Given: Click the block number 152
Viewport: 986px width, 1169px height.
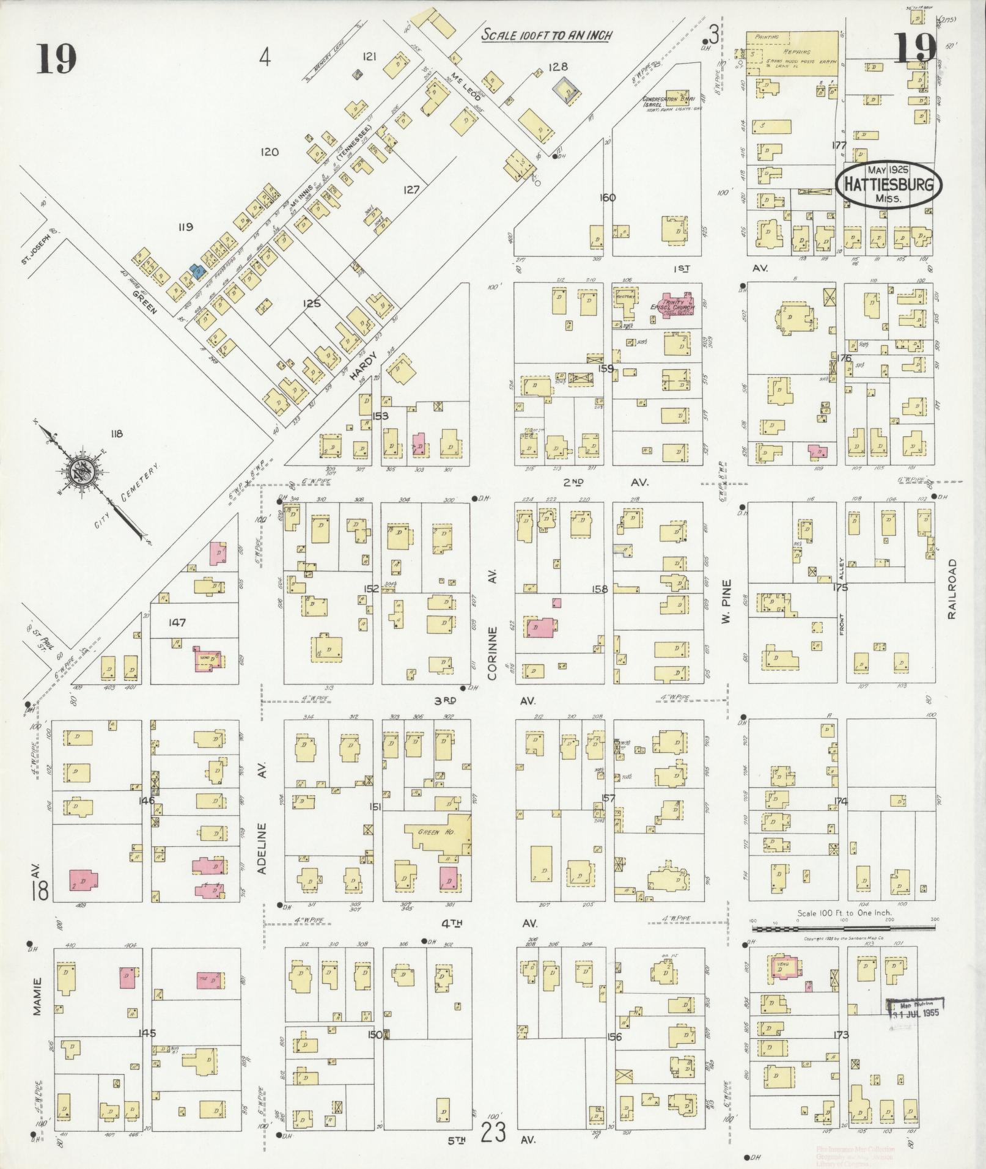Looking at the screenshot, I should point(371,589).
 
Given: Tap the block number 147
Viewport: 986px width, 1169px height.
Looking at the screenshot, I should point(177,623).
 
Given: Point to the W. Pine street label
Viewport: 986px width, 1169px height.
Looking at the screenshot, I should point(726,601).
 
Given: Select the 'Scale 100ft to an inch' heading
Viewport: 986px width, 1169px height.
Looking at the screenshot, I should point(546,35).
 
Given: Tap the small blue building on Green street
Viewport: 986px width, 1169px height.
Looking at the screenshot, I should point(197,271).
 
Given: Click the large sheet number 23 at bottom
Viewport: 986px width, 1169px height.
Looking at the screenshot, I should point(494,1133).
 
